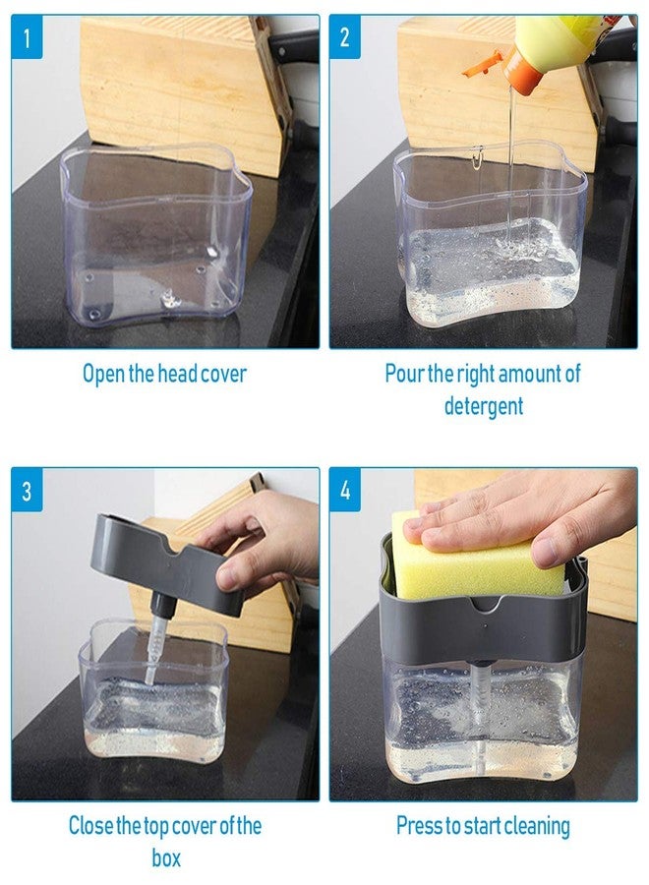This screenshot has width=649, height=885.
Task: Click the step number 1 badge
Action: (x=27, y=37)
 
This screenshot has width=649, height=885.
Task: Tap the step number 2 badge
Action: (x=345, y=37)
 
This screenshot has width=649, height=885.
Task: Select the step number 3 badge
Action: (x=27, y=490)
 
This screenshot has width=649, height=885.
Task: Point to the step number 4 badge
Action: (x=345, y=490)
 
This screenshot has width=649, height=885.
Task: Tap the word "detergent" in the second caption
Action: (x=484, y=406)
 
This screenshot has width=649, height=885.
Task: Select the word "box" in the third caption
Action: (x=166, y=857)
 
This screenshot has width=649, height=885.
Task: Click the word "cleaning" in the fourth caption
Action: (x=537, y=827)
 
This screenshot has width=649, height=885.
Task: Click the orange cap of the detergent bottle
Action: (x=519, y=70)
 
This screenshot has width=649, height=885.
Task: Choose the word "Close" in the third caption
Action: (x=90, y=826)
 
